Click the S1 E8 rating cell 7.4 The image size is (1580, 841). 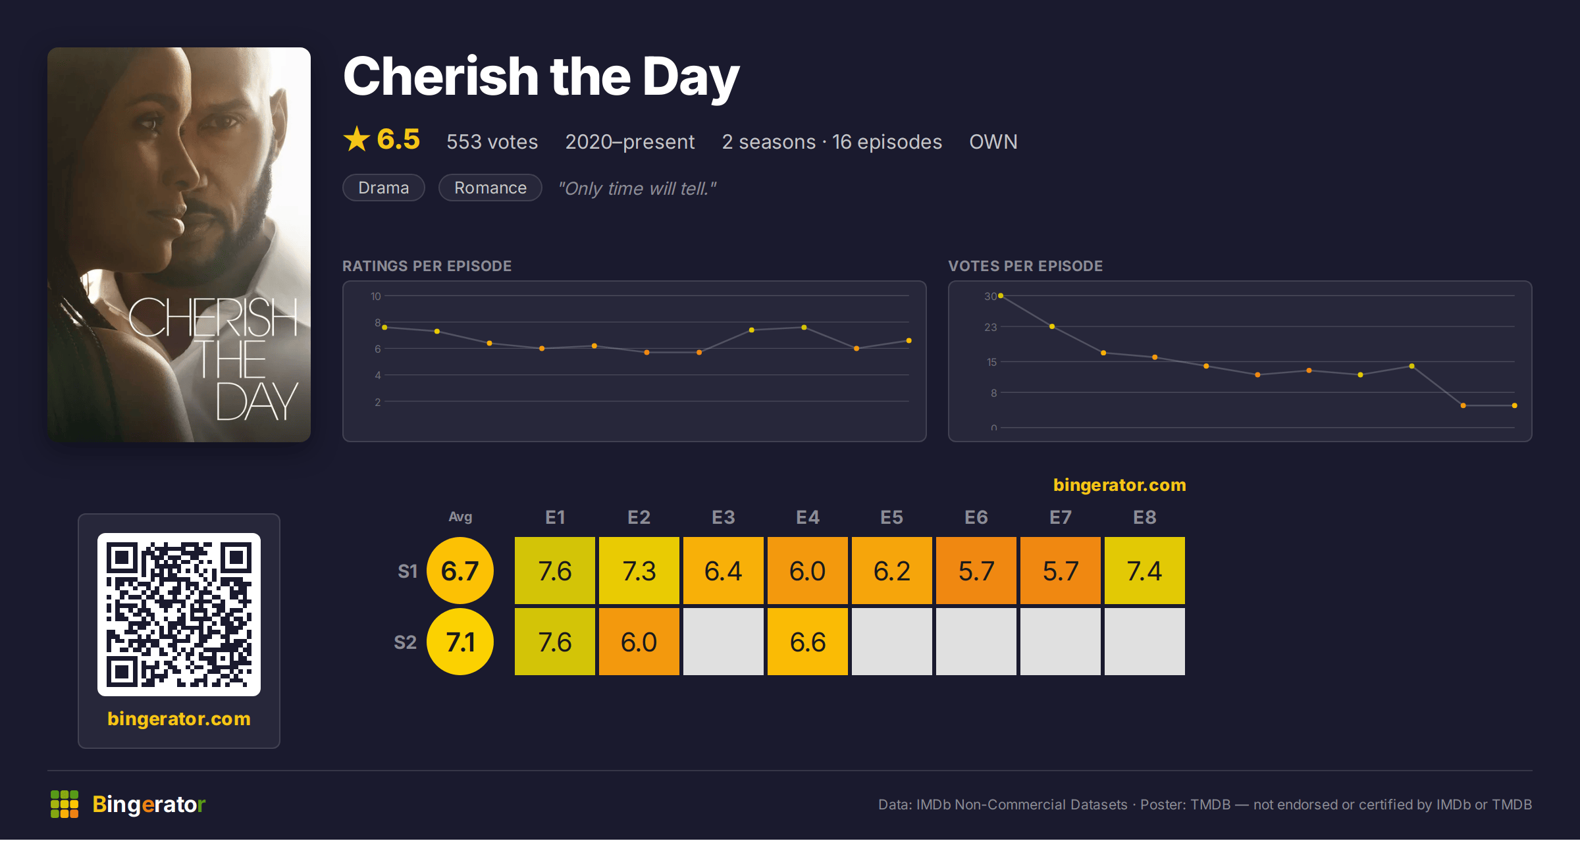[1144, 571]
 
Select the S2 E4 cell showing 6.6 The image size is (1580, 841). [807, 642]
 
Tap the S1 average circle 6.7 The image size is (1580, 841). [460, 571]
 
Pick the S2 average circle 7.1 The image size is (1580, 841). [460, 642]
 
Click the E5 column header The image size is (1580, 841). [891, 517]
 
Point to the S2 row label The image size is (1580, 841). [405, 642]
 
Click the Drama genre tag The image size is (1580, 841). [384, 188]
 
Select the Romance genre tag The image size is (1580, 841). [490, 188]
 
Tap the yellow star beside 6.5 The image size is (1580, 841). [357, 139]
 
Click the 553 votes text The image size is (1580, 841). [492, 141]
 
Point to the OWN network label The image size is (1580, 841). [993, 141]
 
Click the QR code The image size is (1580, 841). [179, 615]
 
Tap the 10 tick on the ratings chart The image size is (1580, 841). [376, 296]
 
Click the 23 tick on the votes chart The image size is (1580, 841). [991, 327]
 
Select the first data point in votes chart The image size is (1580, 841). [1001, 296]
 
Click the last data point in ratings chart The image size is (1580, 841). [908, 341]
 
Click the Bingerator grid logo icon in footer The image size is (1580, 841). [65, 804]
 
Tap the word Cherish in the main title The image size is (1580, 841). [441, 76]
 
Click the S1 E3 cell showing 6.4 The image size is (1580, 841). [723, 571]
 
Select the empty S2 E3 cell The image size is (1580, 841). [723, 642]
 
